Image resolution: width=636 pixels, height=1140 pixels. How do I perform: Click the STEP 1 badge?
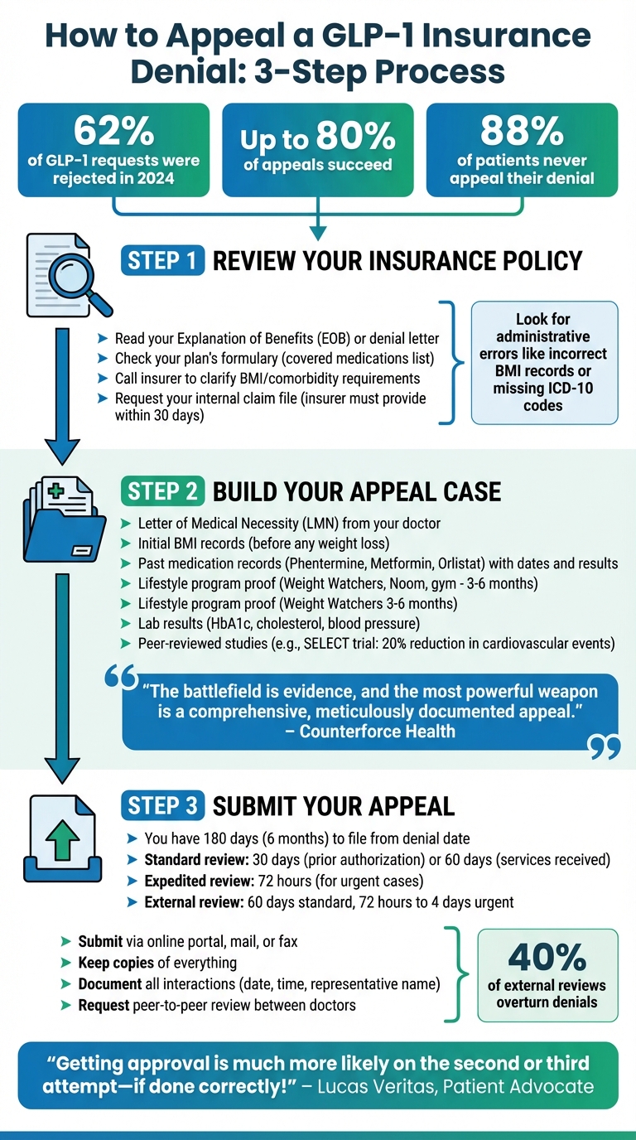[x=162, y=261]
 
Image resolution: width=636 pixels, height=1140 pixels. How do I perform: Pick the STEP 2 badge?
[x=162, y=491]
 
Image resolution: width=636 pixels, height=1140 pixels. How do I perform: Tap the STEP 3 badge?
[x=162, y=805]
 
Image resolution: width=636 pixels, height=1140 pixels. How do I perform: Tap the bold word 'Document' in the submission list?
[x=109, y=983]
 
